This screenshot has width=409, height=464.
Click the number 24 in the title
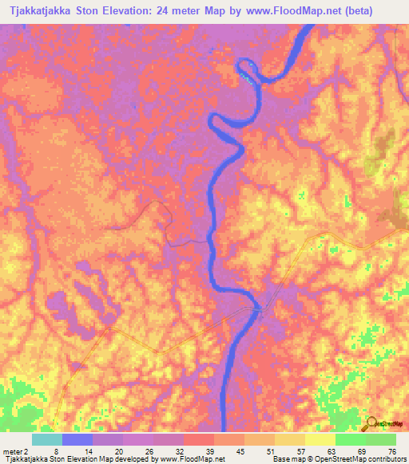pyautogui.click(x=185, y=11)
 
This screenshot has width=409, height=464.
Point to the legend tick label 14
pyautogui.click(x=89, y=450)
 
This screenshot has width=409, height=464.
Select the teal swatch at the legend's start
pyautogui.click(x=47, y=439)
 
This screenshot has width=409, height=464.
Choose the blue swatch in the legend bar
pyautogui.click(x=77, y=439)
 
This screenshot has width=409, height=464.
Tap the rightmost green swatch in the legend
pyautogui.click(x=381, y=439)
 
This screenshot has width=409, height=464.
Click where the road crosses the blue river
pyautogui.click(x=258, y=309)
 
